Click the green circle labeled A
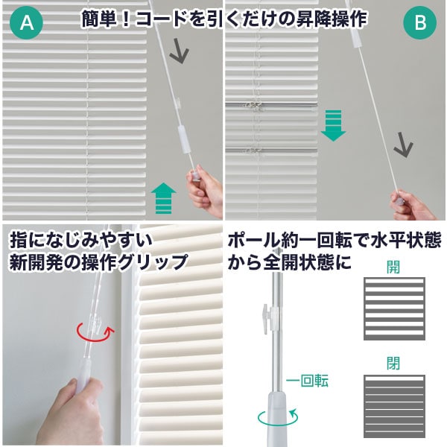tap(27, 25)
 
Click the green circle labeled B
tap(419, 25)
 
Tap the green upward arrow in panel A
tap(163, 199)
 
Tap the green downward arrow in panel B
tap(334, 124)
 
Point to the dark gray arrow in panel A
tap(180, 51)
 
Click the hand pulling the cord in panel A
tap(203, 194)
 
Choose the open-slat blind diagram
tap(394, 308)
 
